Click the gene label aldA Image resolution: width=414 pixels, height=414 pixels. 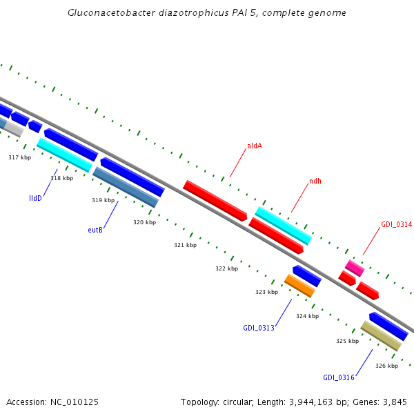click(255, 146)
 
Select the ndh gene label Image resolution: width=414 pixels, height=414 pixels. click(315, 181)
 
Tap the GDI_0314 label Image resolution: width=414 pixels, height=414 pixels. click(396, 225)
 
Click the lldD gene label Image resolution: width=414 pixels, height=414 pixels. click(35, 198)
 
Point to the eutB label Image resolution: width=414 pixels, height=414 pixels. click(95, 230)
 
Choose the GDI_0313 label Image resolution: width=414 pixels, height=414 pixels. click(259, 328)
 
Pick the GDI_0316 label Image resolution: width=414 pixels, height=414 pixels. click(339, 377)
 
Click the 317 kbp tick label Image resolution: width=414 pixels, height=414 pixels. click(19, 158)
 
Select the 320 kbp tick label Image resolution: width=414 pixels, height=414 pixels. click(144, 222)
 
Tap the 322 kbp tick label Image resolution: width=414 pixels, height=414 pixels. click(226, 268)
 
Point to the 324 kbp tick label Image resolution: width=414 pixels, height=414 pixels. click(307, 316)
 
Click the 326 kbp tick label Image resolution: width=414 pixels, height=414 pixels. click(386, 366)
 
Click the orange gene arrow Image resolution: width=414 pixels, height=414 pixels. click(299, 286)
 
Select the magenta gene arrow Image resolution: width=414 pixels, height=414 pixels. click(355, 268)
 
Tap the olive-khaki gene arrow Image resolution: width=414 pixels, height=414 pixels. click(381, 336)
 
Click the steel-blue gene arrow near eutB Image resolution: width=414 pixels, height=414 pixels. click(126, 187)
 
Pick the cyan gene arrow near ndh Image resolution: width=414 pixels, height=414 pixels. click(284, 225)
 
